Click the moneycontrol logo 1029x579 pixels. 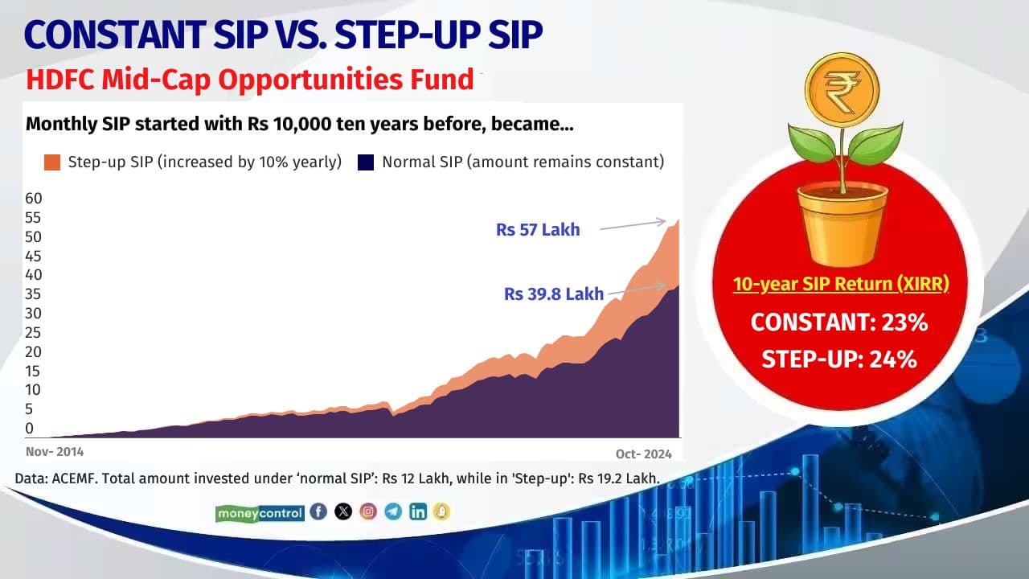[x=260, y=512]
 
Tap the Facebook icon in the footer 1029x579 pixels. [x=318, y=511]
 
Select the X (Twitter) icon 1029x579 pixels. [x=343, y=511]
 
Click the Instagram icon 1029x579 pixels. [x=368, y=511]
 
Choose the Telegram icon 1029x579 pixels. [x=393, y=511]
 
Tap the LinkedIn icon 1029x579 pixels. [x=418, y=511]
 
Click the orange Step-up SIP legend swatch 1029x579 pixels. [x=52, y=162]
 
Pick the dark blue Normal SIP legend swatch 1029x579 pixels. [x=367, y=162]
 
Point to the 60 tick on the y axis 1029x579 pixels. [x=34, y=199]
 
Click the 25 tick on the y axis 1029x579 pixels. [x=34, y=332]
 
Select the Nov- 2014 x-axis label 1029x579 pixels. [x=55, y=452]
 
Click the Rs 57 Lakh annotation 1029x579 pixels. [x=538, y=230]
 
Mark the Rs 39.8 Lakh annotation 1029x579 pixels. [x=554, y=294]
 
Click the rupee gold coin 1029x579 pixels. [x=842, y=83]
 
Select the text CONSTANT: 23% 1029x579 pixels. [x=840, y=322]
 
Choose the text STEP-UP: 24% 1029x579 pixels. [x=840, y=359]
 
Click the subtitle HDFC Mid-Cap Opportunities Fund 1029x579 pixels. [x=250, y=80]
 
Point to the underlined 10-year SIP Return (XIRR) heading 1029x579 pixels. [x=840, y=285]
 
